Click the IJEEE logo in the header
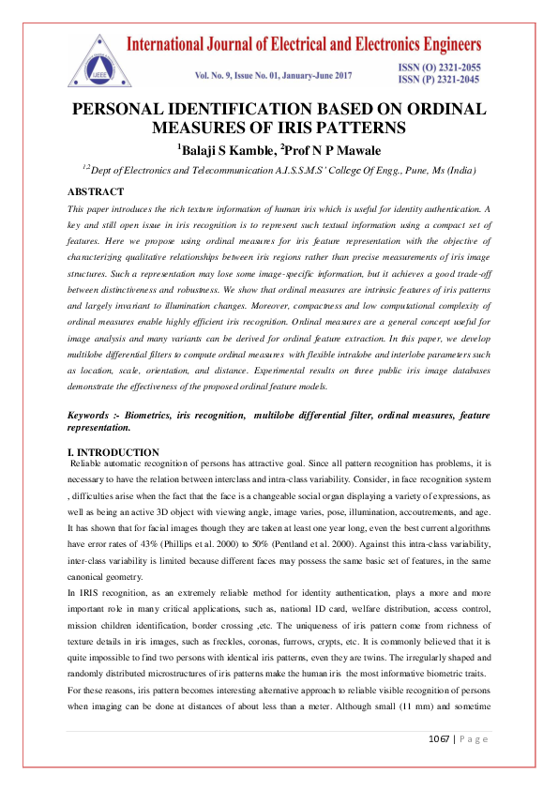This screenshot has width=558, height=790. [97, 57]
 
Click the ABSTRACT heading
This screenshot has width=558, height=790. [97, 190]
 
